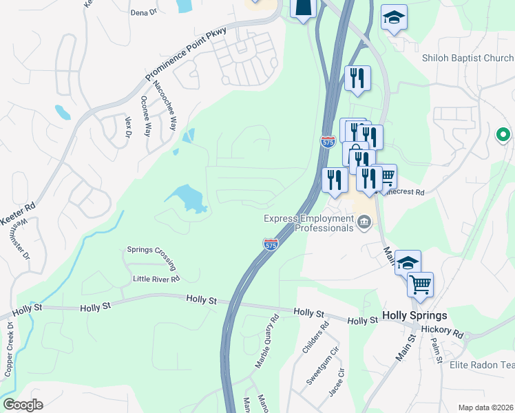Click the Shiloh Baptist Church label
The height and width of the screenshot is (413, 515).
467,59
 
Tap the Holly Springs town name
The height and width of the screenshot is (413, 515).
414,316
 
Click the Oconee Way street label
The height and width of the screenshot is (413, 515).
145,116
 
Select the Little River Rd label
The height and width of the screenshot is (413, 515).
156,279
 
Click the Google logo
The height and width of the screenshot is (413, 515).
23,405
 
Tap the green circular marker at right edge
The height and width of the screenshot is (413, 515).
503,134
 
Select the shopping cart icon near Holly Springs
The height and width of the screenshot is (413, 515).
420,284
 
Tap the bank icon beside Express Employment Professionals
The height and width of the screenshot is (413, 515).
364,222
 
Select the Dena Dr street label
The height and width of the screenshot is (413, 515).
144,12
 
